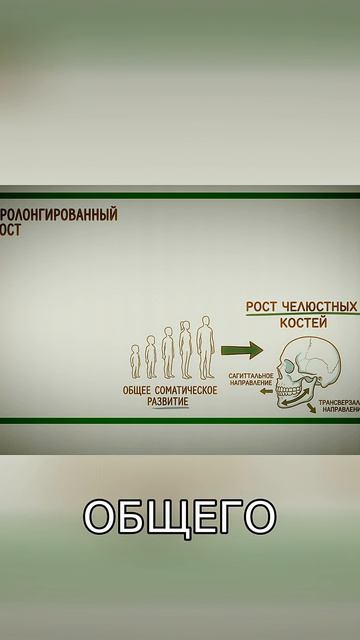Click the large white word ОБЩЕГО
point(179,516)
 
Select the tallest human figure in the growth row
point(205,349)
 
